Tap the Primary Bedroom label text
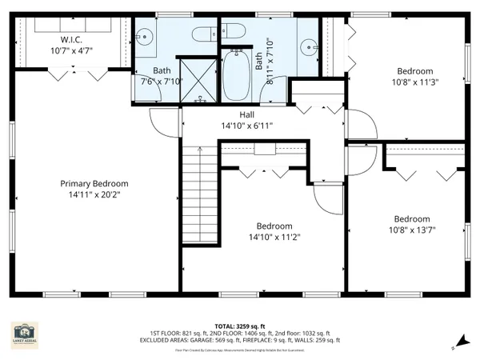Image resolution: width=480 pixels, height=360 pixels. tap(94, 183)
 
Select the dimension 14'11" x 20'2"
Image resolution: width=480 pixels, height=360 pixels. tap(94, 194)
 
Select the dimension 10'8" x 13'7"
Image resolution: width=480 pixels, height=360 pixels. tap(413, 230)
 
